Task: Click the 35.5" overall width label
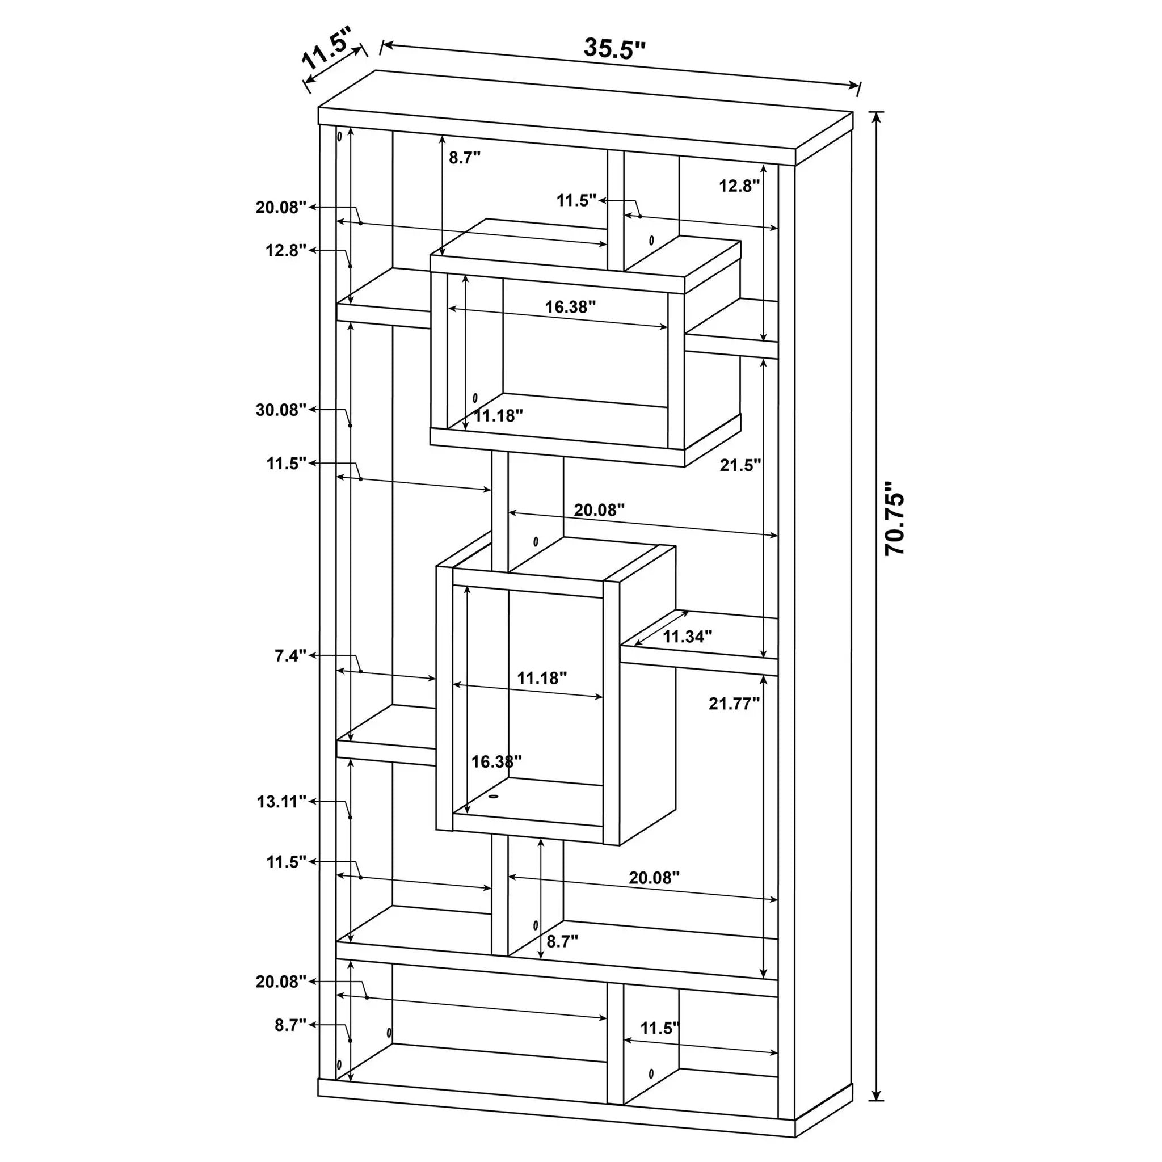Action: point(614,48)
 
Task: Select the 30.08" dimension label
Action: point(281,410)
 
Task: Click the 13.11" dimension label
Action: point(281,802)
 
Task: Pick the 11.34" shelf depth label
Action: point(688,637)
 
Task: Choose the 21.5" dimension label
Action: point(740,465)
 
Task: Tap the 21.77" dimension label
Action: point(734,703)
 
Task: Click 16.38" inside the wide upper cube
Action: point(570,307)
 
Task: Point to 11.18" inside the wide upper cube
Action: point(498,415)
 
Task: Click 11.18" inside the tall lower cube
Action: point(542,679)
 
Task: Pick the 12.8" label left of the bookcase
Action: point(287,250)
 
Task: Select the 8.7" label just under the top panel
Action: point(465,158)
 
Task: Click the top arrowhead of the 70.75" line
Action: point(878,117)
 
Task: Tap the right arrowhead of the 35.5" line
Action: point(855,86)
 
